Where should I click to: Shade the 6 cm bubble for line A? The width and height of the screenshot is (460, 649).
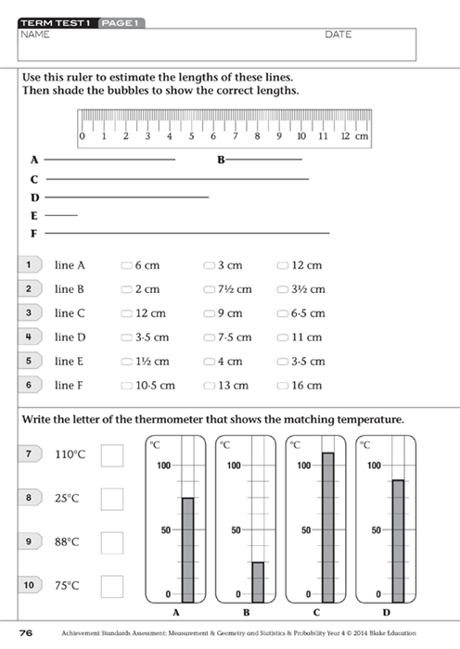pos(127,265)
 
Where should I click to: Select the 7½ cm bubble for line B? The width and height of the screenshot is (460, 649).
pos(209,289)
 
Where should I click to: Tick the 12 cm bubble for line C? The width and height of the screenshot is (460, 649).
pos(127,313)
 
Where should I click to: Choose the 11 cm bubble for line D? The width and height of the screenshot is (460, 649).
pos(284,337)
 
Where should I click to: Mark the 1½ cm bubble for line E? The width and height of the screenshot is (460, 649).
pos(127,362)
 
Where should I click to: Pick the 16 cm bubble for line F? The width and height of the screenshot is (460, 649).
pos(284,386)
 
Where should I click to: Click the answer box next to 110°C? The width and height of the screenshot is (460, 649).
pos(112,454)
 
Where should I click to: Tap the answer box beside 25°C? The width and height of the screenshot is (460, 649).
pos(112,498)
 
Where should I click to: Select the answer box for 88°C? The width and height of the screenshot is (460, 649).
pos(112,541)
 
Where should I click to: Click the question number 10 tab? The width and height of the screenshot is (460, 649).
pos(30,585)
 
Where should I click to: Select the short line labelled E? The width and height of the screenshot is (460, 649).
pos(61,215)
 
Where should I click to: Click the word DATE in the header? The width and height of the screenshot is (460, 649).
pos(339,34)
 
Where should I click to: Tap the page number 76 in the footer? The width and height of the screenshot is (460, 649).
pos(25,633)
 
